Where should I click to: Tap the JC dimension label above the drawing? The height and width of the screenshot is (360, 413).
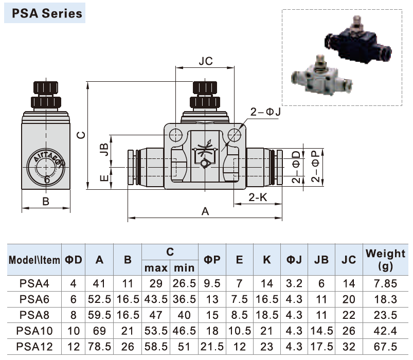tap(205, 61)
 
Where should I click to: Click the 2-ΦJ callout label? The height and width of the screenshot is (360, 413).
tap(265, 112)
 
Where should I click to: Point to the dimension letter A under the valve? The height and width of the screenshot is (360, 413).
tap(205, 211)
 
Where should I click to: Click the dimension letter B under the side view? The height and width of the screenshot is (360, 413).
tap(45, 202)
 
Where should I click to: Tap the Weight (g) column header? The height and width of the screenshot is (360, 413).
tap(385, 259)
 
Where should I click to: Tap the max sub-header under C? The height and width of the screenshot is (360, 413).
tap(156, 268)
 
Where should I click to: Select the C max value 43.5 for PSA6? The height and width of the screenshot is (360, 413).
tap(156, 298)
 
